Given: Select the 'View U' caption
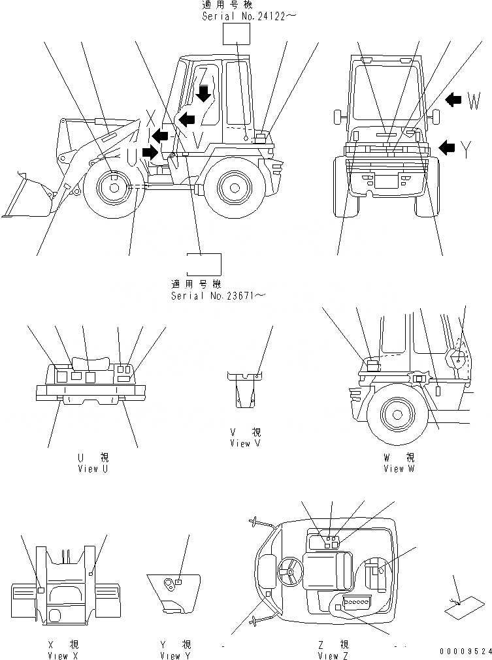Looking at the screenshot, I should [x=92, y=468].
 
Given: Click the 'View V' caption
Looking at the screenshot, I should [x=244, y=443].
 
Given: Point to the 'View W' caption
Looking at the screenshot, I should [x=399, y=468].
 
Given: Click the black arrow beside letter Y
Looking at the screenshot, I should [x=448, y=148].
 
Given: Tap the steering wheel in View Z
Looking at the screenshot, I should [x=288, y=573].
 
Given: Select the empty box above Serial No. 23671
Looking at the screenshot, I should [x=204, y=264].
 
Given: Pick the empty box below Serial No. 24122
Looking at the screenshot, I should [x=237, y=35].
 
